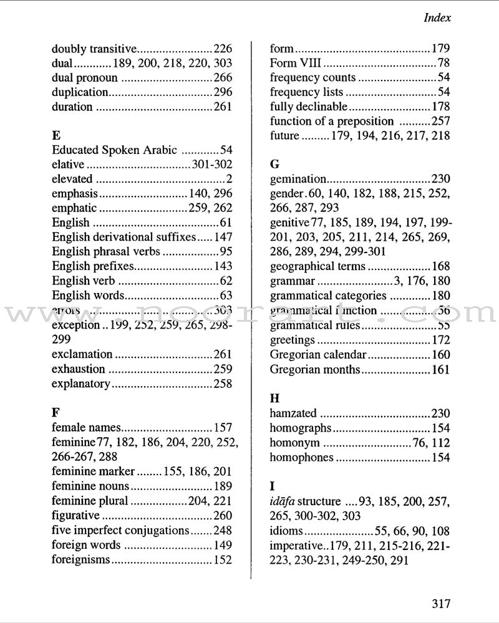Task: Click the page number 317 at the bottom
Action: pos(440,604)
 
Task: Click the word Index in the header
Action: pos(437,18)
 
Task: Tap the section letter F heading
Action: pos(55,411)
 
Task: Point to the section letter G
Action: pos(274,165)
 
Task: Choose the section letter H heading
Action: pos(274,397)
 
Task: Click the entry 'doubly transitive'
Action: pos(93,48)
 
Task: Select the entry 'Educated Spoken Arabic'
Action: pos(115,150)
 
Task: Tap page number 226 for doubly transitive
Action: pos(222,48)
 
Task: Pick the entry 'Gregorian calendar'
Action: pos(318,354)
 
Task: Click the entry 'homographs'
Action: pos(300,428)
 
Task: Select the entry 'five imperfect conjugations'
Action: pos(120,530)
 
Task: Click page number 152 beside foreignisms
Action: pos(222,560)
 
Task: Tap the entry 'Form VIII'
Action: pos(296,63)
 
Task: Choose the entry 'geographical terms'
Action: pos(317,266)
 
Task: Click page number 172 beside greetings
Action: pos(440,340)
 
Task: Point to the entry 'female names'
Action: pos(85,428)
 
